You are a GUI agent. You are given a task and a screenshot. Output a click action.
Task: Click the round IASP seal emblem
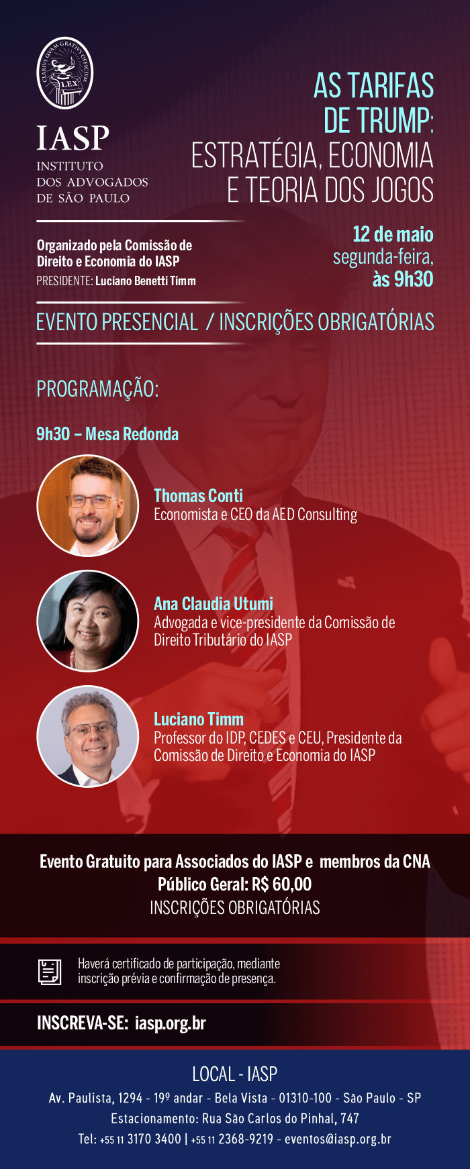pyautogui.click(x=64, y=73)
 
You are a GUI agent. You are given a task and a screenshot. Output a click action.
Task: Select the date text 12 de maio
pyautogui.click(x=393, y=234)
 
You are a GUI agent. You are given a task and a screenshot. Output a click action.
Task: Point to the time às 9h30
pyautogui.click(x=403, y=278)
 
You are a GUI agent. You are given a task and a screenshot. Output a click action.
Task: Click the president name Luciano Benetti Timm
pyautogui.click(x=146, y=281)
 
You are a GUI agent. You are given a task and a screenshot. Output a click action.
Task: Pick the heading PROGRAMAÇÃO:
pyautogui.click(x=97, y=389)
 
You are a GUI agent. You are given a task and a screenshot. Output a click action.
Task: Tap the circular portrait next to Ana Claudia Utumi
pyautogui.click(x=87, y=621)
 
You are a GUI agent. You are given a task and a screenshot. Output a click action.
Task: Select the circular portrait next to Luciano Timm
pyautogui.click(x=87, y=736)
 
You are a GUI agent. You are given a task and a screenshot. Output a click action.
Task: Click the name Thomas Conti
pyautogui.click(x=198, y=496)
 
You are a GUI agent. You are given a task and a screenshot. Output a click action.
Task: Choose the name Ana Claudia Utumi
pyautogui.click(x=214, y=604)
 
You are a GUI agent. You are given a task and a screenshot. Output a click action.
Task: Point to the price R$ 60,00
pyautogui.click(x=282, y=884)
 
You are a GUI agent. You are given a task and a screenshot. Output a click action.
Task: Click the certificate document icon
pyautogui.click(x=49, y=972)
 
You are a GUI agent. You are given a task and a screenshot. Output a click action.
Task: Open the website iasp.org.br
pyautogui.click(x=171, y=1023)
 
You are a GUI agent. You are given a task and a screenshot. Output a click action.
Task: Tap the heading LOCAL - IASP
pyautogui.click(x=235, y=1074)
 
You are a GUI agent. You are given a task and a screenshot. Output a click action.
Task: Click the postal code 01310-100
pyautogui.click(x=305, y=1099)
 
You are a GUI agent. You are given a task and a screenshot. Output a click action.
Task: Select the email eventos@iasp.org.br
pyautogui.click(x=338, y=1139)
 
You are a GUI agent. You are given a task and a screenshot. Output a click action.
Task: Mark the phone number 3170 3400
pyautogui.click(x=154, y=1139)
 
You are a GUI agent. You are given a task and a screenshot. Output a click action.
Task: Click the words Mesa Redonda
pyautogui.click(x=132, y=434)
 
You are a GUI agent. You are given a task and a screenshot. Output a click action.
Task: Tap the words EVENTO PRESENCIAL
pyautogui.click(x=117, y=322)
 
